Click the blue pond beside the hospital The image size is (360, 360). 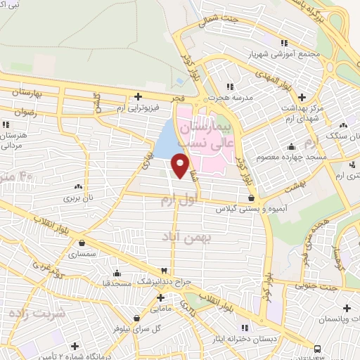[x=167, y=141]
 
